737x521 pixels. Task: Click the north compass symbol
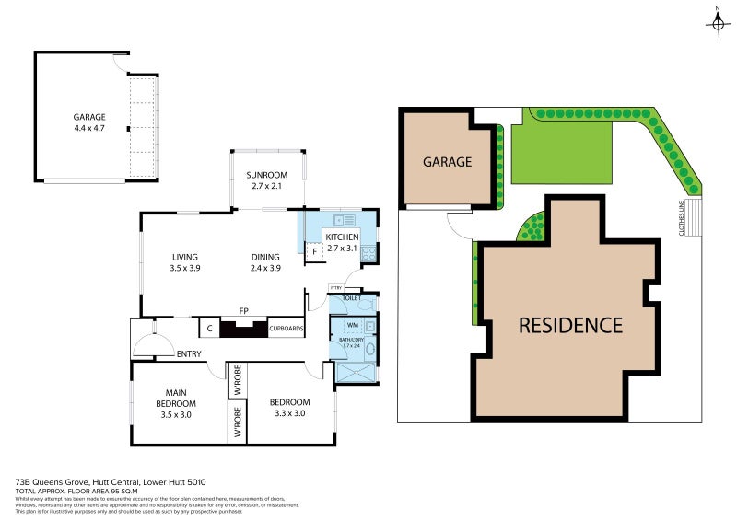tap(718, 23)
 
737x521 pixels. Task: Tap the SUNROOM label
tap(267, 175)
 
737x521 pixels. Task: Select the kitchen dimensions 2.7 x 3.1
tap(342, 249)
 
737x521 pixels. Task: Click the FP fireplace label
tap(244, 311)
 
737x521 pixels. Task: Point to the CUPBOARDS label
tap(286, 328)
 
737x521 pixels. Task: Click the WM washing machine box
tap(352, 326)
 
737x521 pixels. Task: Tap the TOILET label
tap(351, 299)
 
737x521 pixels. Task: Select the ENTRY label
tap(189, 353)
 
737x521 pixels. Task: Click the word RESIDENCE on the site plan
tap(570, 324)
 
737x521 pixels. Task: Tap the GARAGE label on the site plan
tap(447, 162)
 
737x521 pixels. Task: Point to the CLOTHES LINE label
tap(682, 219)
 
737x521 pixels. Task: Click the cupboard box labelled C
tap(209, 328)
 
